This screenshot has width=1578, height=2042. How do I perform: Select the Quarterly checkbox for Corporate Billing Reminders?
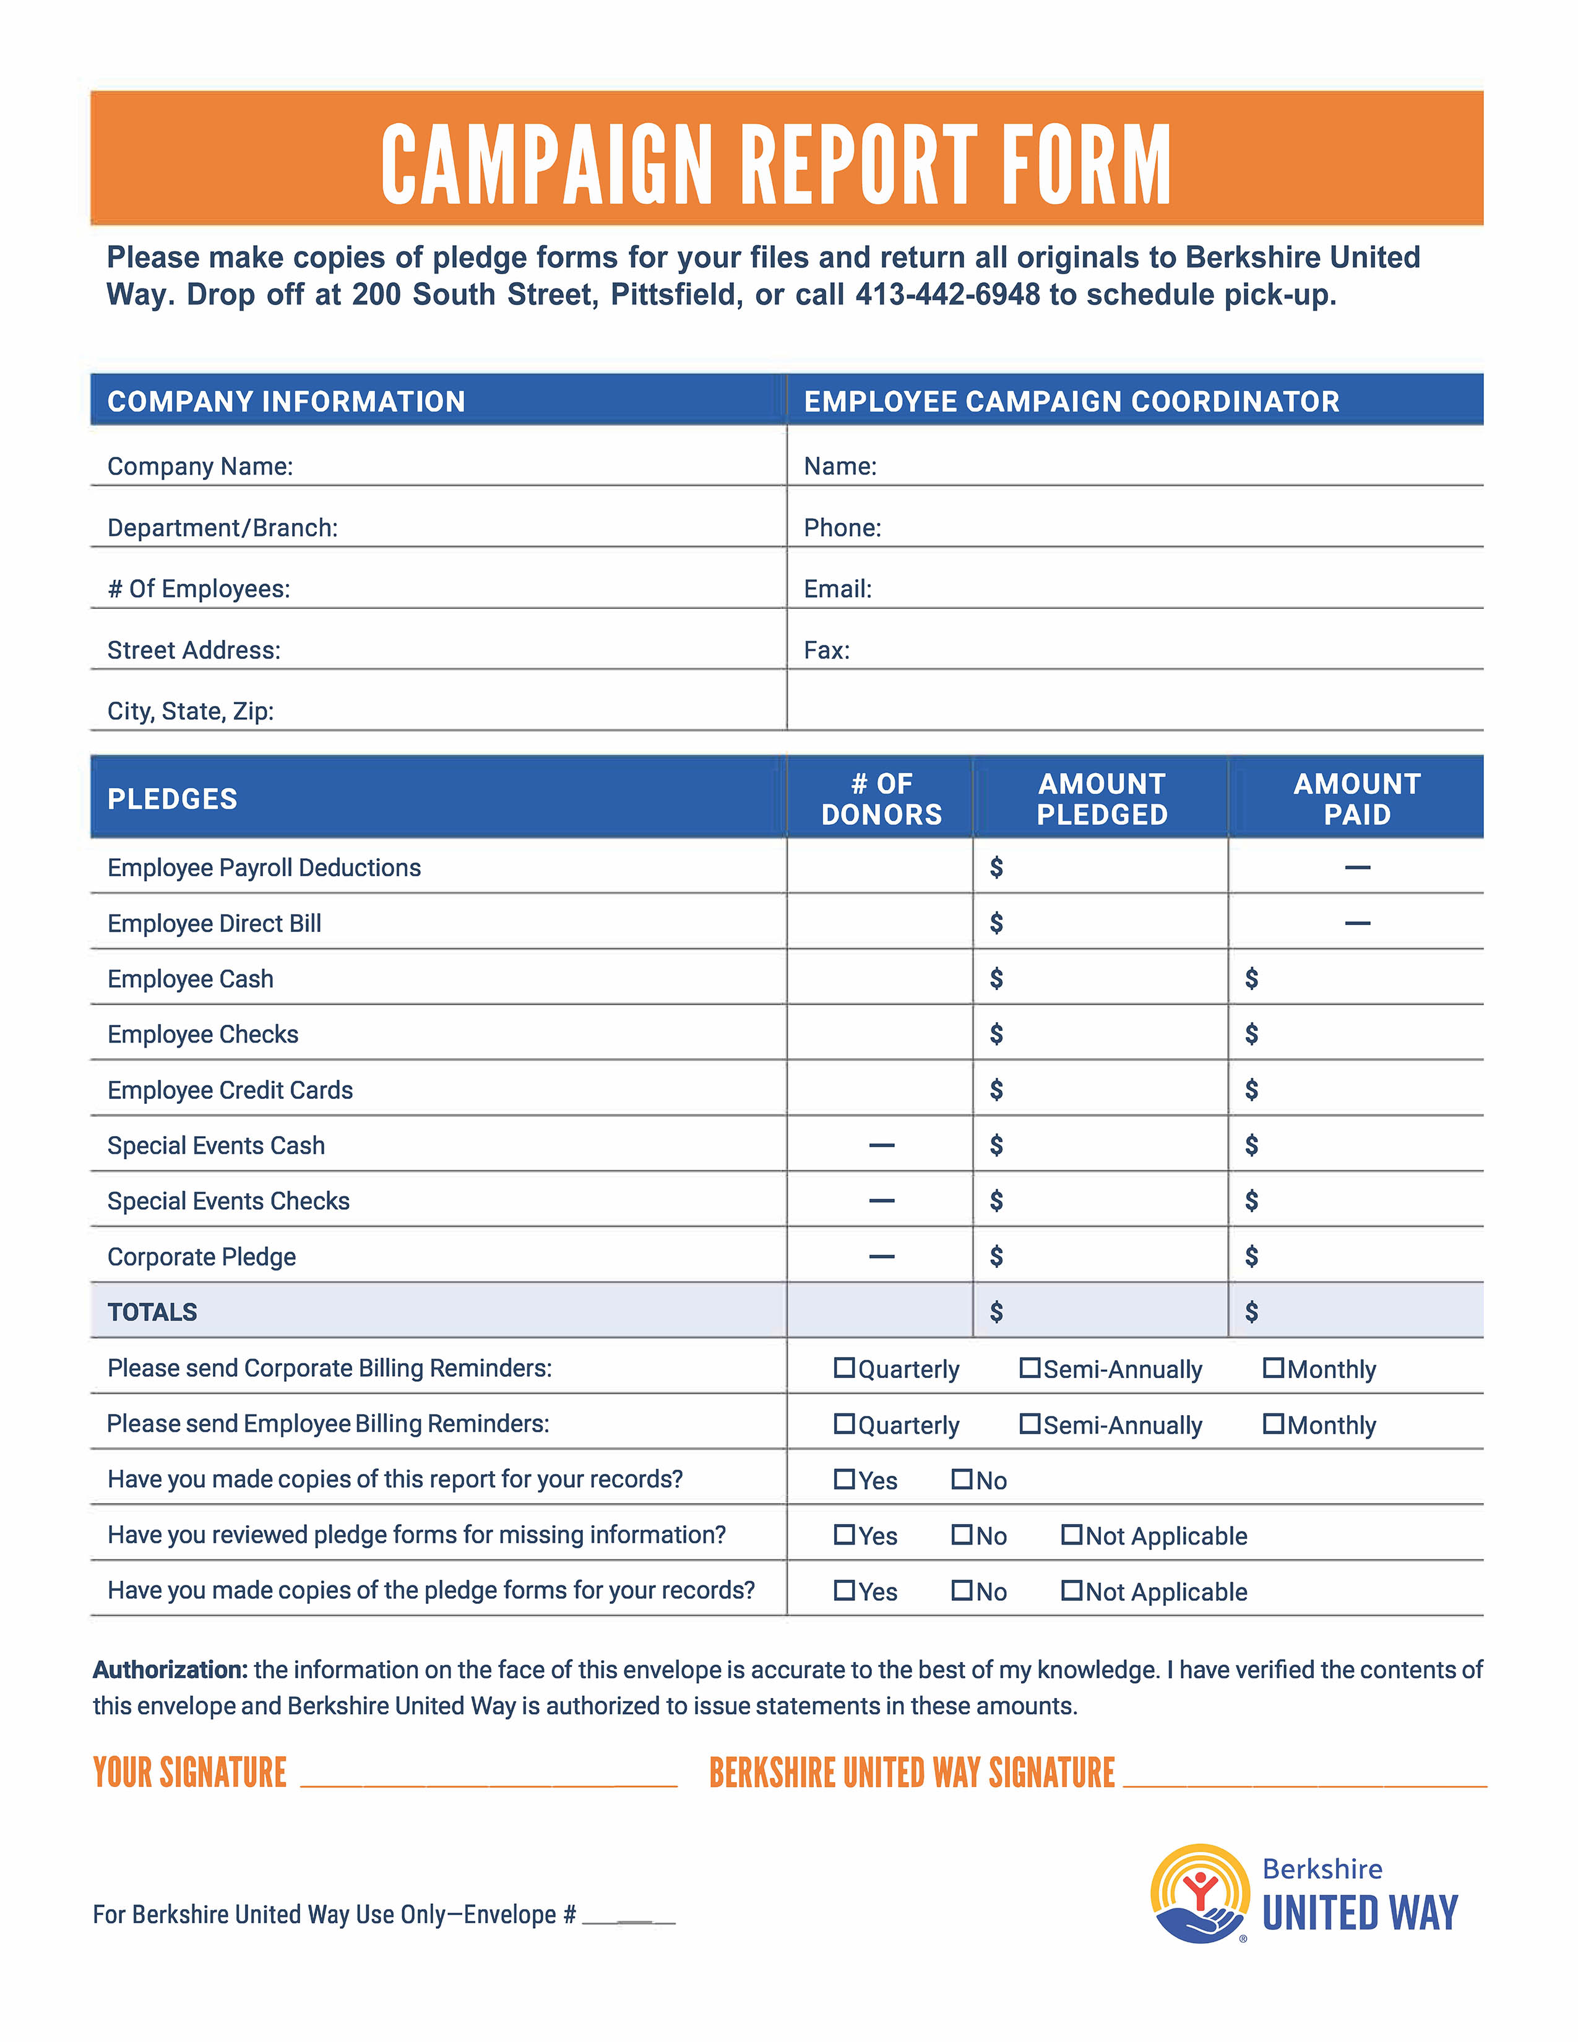click(x=844, y=1368)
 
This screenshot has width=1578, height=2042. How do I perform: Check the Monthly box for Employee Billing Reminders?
click(x=1274, y=1423)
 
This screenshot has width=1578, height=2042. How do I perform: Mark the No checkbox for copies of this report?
click(x=962, y=1479)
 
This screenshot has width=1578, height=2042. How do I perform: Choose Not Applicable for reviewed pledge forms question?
click(x=1071, y=1535)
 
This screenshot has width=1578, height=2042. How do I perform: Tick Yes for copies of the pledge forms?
click(x=844, y=1590)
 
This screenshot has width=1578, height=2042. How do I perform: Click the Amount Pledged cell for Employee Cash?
click(x=1100, y=978)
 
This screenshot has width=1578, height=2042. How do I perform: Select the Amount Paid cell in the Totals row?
click(x=1355, y=1312)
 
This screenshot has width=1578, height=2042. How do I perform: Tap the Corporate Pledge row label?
click(x=202, y=1257)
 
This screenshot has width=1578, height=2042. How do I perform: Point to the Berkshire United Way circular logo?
click(x=1201, y=1893)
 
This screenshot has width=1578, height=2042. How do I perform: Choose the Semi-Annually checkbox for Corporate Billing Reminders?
click(x=1029, y=1368)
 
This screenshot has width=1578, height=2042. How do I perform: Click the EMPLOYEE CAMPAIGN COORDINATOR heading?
click(x=1071, y=401)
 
